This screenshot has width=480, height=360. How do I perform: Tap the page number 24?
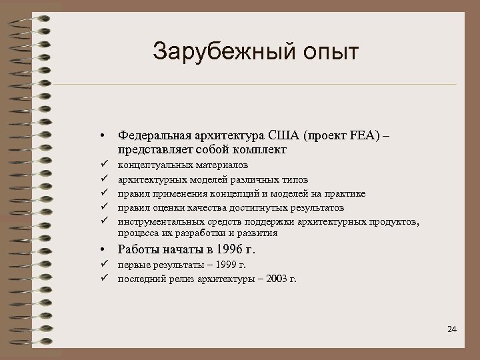[453, 329]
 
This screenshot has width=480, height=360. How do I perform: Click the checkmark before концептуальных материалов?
[105, 165]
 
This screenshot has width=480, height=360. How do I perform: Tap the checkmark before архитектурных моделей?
[105, 179]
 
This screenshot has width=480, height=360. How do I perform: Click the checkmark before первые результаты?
[105, 266]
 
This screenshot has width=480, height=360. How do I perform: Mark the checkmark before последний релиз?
[105, 279]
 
